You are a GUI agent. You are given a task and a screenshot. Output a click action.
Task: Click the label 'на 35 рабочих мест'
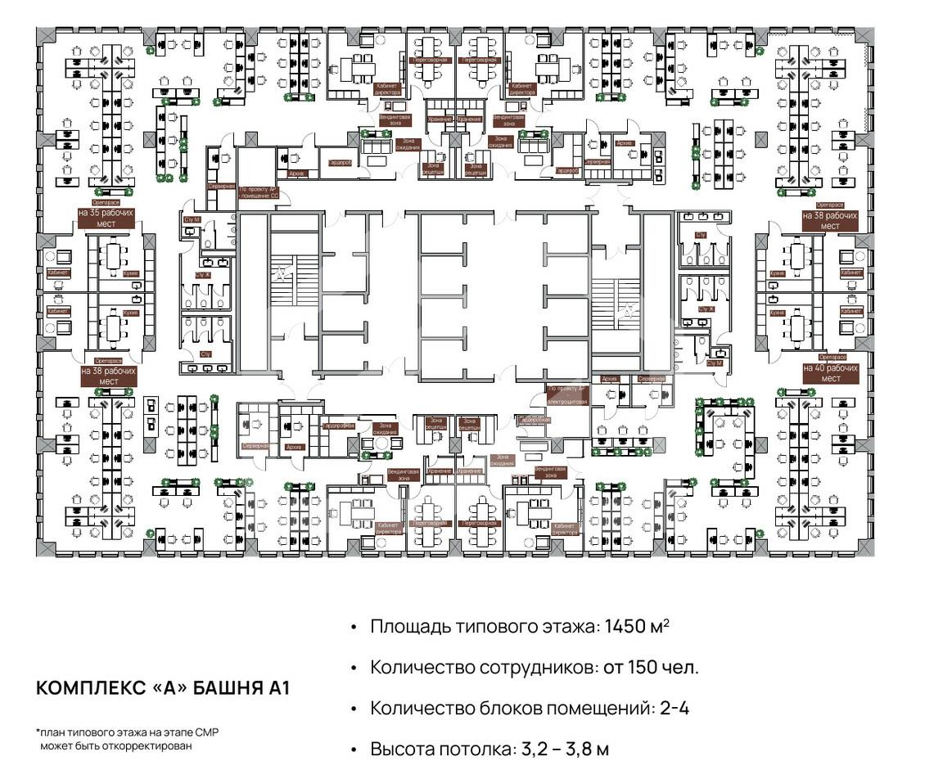click(x=106, y=217)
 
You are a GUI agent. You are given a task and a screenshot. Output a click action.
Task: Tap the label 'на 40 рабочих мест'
click(x=830, y=373)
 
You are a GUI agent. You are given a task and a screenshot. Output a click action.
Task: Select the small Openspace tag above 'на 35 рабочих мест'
click(x=106, y=202)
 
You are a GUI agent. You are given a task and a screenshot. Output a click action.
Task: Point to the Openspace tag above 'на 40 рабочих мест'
click(x=830, y=358)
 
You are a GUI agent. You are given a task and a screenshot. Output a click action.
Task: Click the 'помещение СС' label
click(x=259, y=196)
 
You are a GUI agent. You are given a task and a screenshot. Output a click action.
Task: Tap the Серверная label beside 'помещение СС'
click(x=221, y=186)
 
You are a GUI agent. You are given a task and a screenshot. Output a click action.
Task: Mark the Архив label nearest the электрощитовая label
click(x=609, y=380)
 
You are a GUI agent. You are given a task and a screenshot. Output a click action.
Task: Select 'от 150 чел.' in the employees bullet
click(x=652, y=667)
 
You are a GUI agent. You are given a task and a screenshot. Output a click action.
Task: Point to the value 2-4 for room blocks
click(x=674, y=708)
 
